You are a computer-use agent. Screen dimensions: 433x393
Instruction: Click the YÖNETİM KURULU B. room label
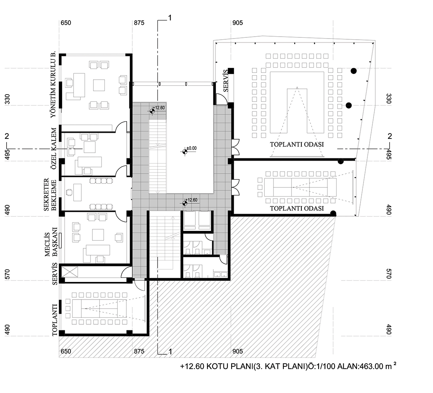(x=53, y=84)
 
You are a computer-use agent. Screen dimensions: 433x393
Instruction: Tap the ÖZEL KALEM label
(x=54, y=148)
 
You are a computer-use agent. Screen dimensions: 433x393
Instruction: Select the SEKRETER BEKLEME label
(x=50, y=195)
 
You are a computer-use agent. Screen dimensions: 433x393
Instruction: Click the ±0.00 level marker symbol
(x=185, y=151)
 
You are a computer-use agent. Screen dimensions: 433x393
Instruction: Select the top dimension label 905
(x=238, y=23)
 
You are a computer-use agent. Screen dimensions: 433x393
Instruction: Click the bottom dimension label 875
(x=139, y=351)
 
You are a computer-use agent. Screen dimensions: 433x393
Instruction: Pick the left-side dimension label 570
(x=8, y=274)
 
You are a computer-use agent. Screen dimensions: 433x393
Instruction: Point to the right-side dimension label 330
(x=388, y=99)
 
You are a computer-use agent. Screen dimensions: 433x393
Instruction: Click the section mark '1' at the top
(x=170, y=18)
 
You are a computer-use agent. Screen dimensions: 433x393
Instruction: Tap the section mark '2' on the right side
(x=390, y=136)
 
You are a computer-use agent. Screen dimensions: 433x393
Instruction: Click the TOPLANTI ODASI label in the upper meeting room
(x=297, y=145)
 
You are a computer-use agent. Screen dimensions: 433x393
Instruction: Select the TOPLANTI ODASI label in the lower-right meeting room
(x=297, y=208)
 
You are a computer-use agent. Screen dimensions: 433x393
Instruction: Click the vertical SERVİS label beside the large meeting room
(x=225, y=81)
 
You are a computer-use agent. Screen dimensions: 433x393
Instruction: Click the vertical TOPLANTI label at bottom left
(x=55, y=320)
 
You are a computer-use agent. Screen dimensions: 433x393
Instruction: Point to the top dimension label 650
(x=66, y=23)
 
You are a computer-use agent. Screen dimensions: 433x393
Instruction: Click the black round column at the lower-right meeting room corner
(x=333, y=213)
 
